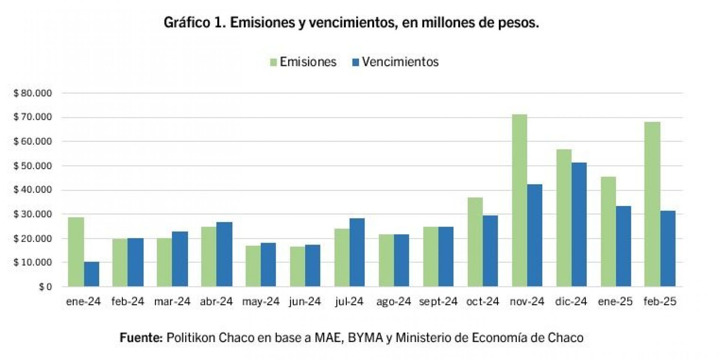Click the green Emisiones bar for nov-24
(x=519, y=200)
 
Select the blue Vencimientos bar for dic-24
(x=579, y=224)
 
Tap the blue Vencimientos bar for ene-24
(x=91, y=274)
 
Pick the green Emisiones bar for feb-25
(x=652, y=204)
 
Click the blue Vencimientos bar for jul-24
(x=357, y=252)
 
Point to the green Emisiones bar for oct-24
(x=475, y=242)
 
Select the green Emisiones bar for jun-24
(x=298, y=266)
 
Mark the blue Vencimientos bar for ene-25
(x=624, y=246)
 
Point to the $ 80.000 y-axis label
(x=33, y=93)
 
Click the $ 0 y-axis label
(x=46, y=287)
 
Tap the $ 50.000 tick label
(x=33, y=166)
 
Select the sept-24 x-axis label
(x=439, y=302)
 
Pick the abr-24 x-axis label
(x=216, y=302)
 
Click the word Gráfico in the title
(x=187, y=23)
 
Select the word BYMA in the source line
(x=365, y=338)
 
